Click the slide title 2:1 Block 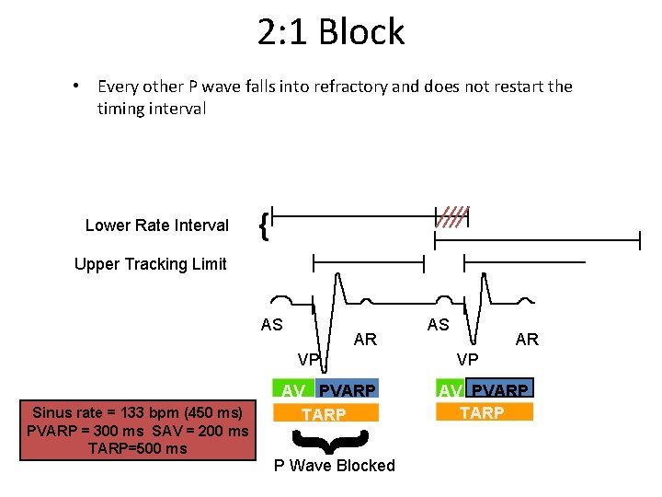click(x=331, y=32)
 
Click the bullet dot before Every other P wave click(x=77, y=87)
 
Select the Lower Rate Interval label click(x=156, y=225)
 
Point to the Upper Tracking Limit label click(x=150, y=264)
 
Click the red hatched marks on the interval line click(x=453, y=217)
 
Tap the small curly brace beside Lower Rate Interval click(x=264, y=225)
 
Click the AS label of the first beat click(x=272, y=325)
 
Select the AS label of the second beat click(x=438, y=324)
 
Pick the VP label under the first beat click(x=308, y=358)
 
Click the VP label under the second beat click(x=467, y=358)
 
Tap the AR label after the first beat click(x=365, y=340)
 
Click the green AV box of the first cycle click(x=292, y=390)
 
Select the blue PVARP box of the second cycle click(x=501, y=390)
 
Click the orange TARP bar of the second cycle click(x=482, y=412)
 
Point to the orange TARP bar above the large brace click(x=324, y=414)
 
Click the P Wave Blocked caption click(x=335, y=466)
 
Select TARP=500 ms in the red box click(x=137, y=448)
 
